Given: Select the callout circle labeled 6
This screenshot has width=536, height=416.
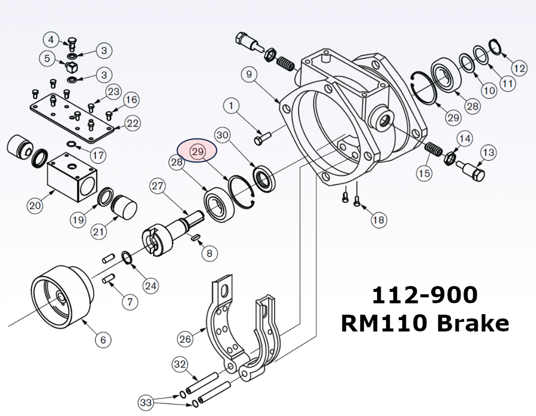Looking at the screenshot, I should tap(103, 340).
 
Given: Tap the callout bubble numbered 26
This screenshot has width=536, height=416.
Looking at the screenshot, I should tap(185, 339).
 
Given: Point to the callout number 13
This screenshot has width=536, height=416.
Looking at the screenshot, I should tap(488, 152).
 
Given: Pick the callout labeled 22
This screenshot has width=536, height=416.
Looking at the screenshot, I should tap(132, 123).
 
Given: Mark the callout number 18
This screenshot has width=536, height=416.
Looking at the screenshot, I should tap(378, 220).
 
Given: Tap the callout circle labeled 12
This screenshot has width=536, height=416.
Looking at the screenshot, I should tap(519, 61).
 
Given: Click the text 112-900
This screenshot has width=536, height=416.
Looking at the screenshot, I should tap(424, 294).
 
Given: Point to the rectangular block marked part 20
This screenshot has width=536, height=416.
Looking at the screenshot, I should tap(71, 176).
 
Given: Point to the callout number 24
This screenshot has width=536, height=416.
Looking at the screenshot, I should tap(150, 286).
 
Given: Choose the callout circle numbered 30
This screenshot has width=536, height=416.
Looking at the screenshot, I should tap(222, 135).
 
